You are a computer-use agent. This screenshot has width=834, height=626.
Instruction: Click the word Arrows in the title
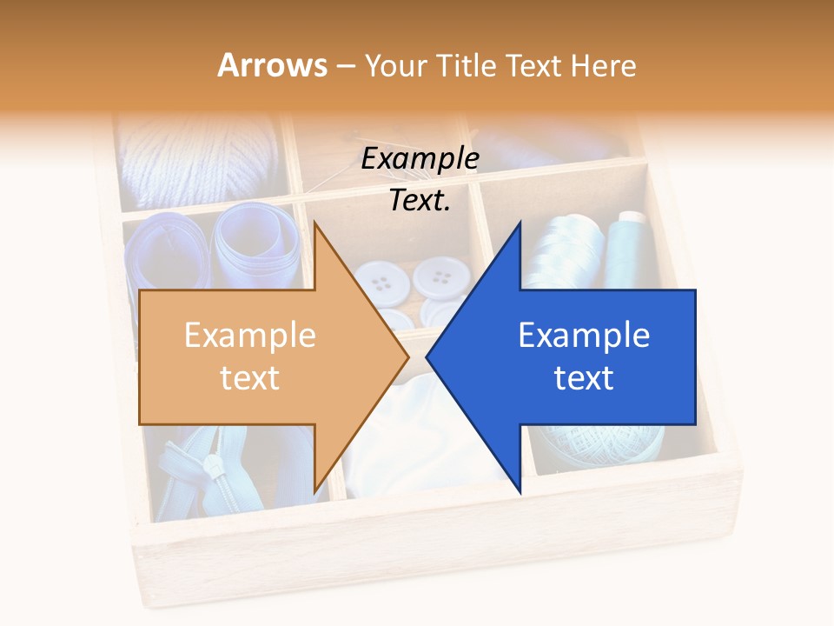click(x=273, y=65)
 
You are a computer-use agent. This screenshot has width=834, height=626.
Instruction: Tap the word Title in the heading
click(x=467, y=65)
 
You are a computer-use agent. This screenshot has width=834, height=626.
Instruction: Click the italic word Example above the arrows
click(x=420, y=158)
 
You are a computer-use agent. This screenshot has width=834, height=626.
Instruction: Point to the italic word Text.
click(x=420, y=200)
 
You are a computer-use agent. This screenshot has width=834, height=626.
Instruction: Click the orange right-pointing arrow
click(x=261, y=356)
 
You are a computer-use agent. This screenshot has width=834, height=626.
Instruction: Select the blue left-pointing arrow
click(x=573, y=356)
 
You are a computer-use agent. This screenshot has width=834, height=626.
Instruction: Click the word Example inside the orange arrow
click(x=250, y=336)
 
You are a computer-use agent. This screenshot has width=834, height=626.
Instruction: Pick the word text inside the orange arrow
click(x=250, y=377)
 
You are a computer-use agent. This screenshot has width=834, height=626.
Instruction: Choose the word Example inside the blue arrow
click(x=584, y=336)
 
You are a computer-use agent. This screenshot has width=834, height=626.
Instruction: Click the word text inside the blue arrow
click(x=584, y=377)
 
